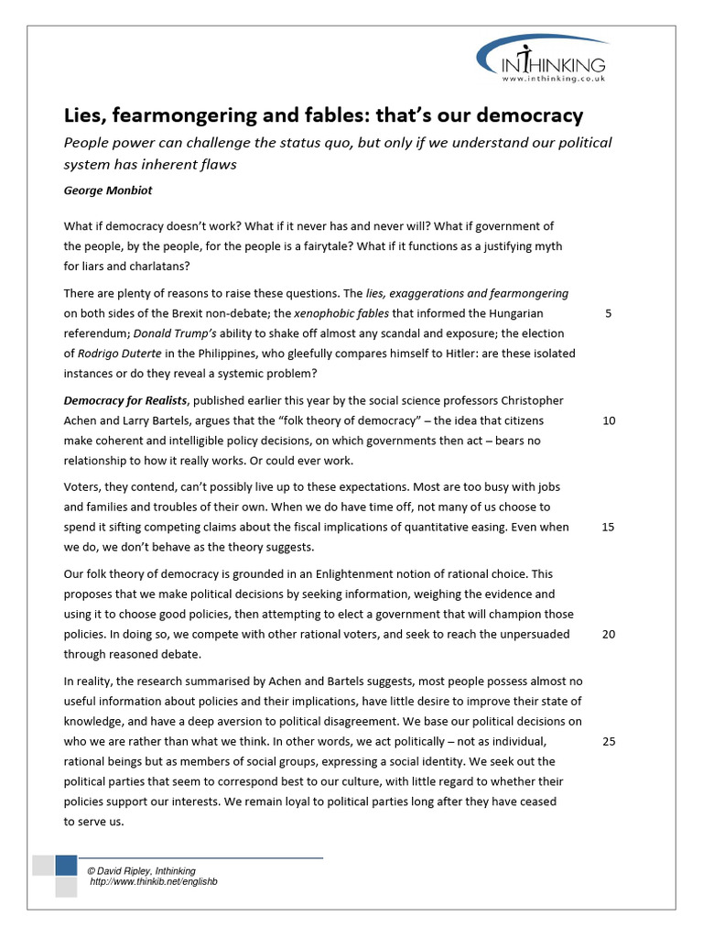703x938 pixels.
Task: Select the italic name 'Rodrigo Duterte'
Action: tap(121, 354)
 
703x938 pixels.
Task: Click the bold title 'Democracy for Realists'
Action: tap(125, 401)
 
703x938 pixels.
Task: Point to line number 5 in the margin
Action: tap(609, 313)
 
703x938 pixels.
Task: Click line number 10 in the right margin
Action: tap(609, 421)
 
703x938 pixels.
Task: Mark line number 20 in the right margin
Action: tap(609, 635)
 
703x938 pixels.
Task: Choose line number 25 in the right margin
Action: tap(609, 742)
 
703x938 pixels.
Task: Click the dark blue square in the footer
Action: tap(66, 866)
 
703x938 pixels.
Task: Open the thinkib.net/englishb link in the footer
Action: tap(153, 881)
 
